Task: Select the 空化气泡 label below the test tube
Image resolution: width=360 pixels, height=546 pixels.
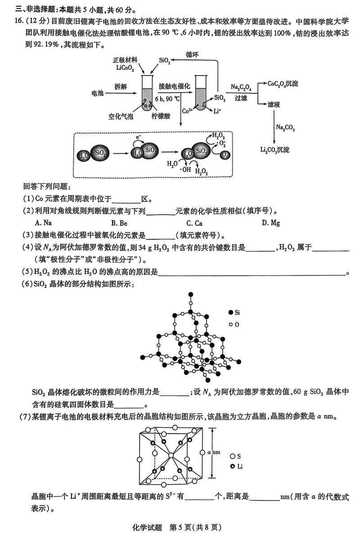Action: tap(121, 116)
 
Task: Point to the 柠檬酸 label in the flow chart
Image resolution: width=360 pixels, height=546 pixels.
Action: tap(161, 116)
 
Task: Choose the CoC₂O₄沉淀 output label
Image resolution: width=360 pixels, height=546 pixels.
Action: tap(283, 84)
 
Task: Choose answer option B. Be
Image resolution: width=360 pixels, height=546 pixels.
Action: tap(119, 223)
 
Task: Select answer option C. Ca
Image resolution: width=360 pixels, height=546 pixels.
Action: tap(194, 223)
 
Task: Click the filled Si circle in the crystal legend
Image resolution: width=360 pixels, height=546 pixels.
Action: tap(231, 312)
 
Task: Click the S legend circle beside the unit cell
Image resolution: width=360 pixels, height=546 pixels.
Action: tap(233, 456)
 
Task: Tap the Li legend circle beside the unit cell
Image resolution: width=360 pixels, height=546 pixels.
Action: tap(233, 466)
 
